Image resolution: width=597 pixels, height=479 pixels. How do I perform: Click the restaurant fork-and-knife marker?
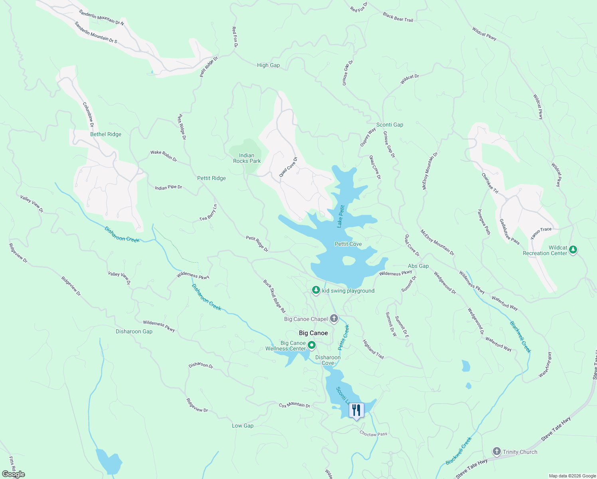click(356, 410)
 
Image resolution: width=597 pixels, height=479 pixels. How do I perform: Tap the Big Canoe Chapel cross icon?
click(334, 319)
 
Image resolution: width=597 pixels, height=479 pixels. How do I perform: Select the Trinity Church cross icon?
click(496, 452)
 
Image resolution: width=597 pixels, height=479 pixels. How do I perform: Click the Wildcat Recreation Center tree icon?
click(573, 250)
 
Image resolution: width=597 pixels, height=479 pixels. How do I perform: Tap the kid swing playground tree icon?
click(316, 290)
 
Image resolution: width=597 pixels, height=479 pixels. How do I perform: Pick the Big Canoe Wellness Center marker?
click(312, 345)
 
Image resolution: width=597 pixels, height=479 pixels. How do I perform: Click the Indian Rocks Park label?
click(247, 158)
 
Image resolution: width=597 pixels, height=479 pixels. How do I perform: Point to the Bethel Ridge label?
click(106, 135)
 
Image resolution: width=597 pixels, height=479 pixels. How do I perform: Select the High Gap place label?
click(268, 65)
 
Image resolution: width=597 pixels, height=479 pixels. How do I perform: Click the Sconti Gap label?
click(389, 125)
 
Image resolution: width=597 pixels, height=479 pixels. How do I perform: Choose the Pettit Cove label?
click(348, 244)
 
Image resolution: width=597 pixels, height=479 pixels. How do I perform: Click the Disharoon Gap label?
click(134, 332)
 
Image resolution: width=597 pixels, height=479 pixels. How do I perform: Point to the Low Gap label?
click(243, 426)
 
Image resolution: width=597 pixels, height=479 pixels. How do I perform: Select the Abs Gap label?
click(418, 266)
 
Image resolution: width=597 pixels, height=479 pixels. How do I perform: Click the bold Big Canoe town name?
click(313, 333)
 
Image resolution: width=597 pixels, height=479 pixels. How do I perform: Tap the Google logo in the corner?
click(13, 474)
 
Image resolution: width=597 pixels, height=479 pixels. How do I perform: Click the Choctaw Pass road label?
click(373, 433)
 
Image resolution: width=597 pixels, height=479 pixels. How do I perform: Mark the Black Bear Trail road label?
click(398, 17)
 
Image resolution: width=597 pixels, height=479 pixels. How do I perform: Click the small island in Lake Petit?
click(349, 261)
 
